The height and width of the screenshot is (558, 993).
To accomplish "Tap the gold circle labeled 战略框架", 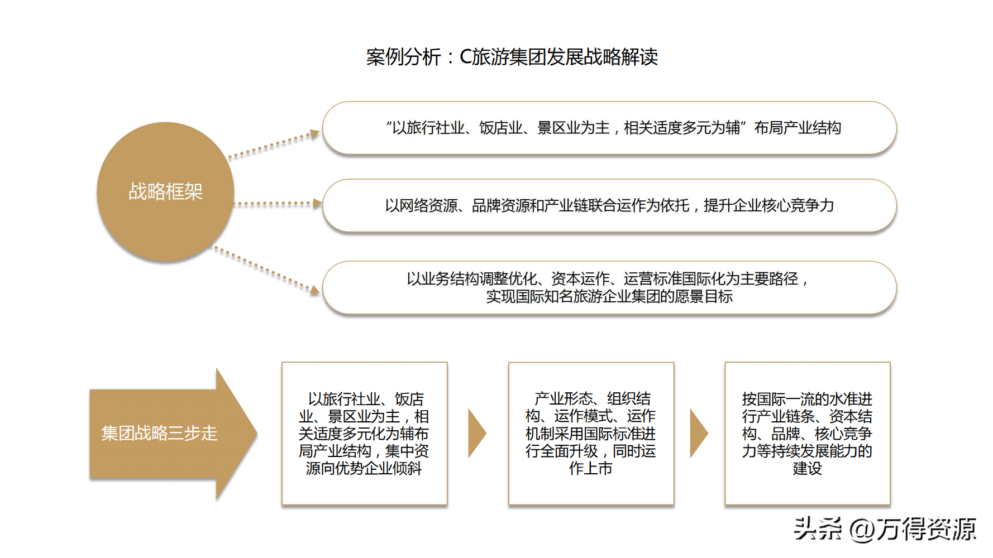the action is point(165,191).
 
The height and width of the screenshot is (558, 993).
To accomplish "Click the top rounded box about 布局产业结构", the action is point(609,128).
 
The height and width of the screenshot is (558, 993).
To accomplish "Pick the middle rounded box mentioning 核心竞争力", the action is point(609,205).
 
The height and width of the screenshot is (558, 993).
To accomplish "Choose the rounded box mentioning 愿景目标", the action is point(609,287).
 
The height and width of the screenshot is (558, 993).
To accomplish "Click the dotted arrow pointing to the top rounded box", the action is point(274,145).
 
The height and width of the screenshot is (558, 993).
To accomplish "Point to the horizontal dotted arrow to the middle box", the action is point(277,204).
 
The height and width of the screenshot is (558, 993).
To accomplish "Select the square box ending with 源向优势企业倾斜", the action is point(364,434).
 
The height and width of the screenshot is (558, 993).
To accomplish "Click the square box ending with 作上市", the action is point(591,434).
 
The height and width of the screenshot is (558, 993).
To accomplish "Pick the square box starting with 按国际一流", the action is point(807,434).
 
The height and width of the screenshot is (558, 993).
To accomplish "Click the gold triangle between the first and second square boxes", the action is point(476,434).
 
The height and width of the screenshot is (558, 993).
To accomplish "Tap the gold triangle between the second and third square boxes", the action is point(698,434).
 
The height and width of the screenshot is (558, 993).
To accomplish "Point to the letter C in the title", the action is point(465,57).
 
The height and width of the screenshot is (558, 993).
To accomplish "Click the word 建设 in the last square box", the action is point(807,468).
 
